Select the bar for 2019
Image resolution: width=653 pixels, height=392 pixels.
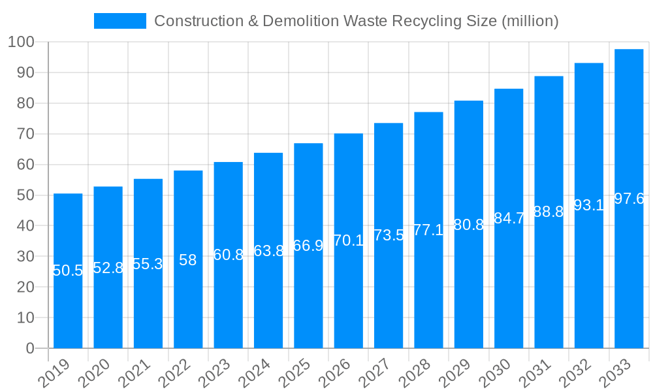tap(68, 270)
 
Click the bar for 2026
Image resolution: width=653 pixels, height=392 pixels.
tap(348, 240)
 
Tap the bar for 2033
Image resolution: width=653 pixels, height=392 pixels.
tap(629, 199)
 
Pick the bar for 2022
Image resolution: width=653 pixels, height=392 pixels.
tap(188, 259)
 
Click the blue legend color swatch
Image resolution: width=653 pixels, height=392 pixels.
tap(119, 21)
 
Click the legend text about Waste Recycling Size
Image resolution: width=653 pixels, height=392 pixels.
tap(356, 21)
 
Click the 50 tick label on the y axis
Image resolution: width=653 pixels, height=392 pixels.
tap(25, 195)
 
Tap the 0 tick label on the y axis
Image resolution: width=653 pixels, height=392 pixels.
tap(30, 348)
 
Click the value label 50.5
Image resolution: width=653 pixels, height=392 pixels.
tap(68, 270)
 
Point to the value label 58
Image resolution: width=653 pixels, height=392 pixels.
tap(188, 260)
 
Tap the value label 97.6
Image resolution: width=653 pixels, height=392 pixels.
tap(629, 199)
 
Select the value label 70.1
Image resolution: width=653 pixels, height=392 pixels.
tap(349, 240)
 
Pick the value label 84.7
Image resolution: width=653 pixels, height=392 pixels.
tap(509, 218)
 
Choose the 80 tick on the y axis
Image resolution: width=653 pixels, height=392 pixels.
tap(25, 103)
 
